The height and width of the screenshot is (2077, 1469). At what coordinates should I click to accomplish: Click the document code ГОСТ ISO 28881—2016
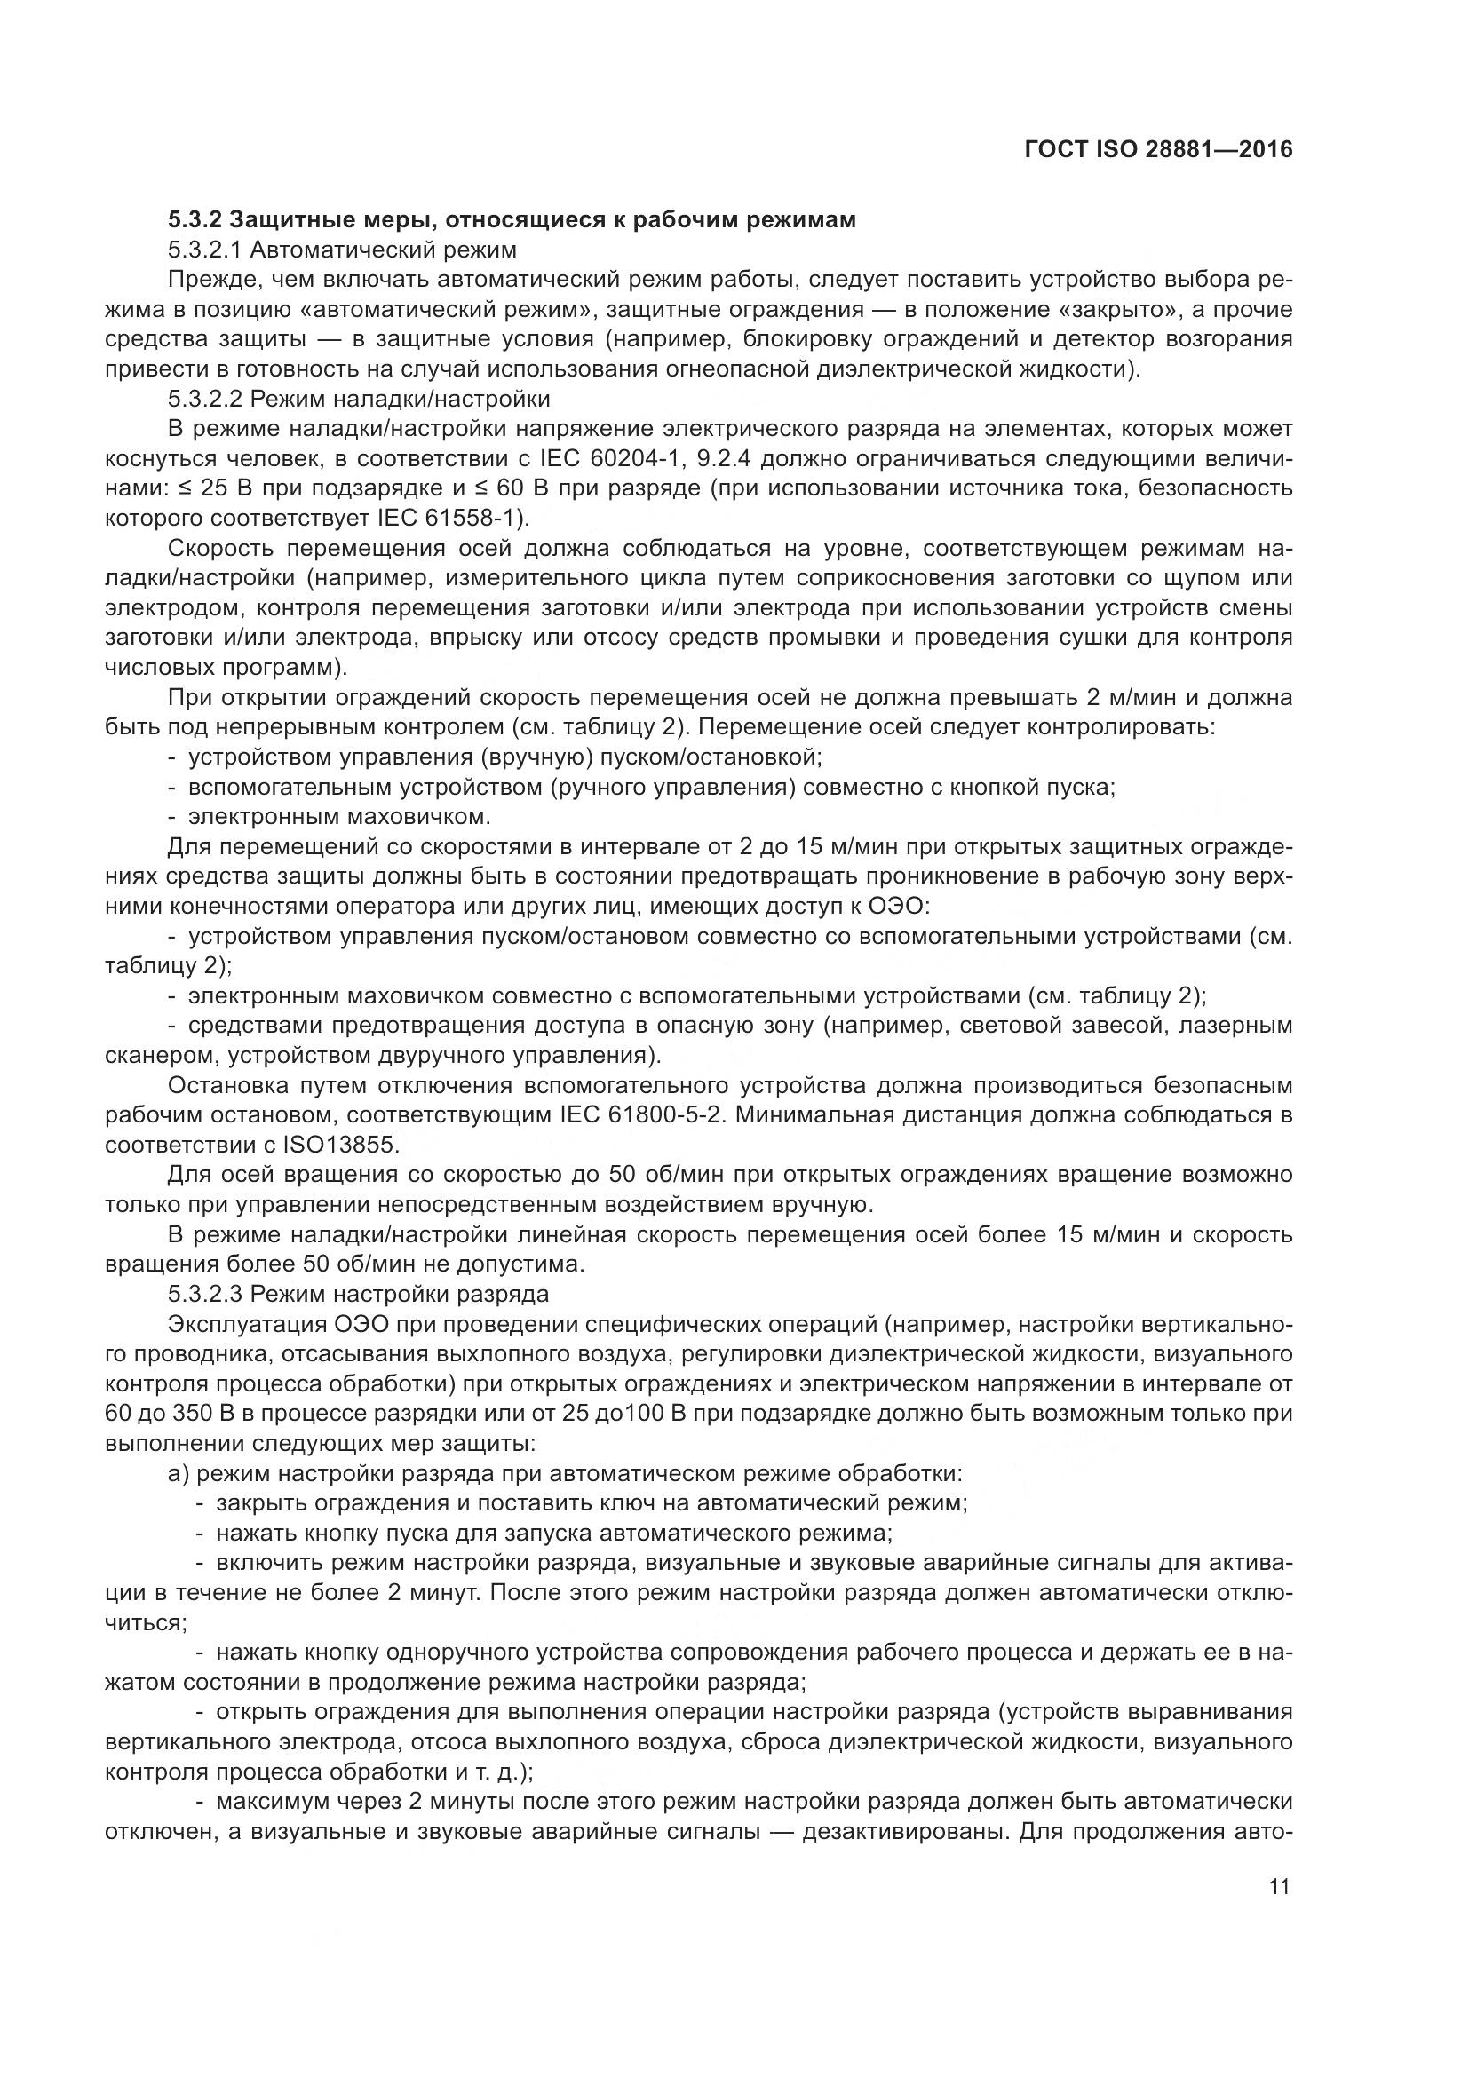pos(1159,149)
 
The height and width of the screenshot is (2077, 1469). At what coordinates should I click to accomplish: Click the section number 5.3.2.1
pos(202,249)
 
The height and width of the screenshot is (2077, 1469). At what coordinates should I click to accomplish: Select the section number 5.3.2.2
pos(202,398)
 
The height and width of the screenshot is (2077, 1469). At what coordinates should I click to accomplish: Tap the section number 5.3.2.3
pos(202,1294)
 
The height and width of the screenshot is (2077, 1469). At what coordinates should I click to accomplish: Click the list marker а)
pos(179,1474)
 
